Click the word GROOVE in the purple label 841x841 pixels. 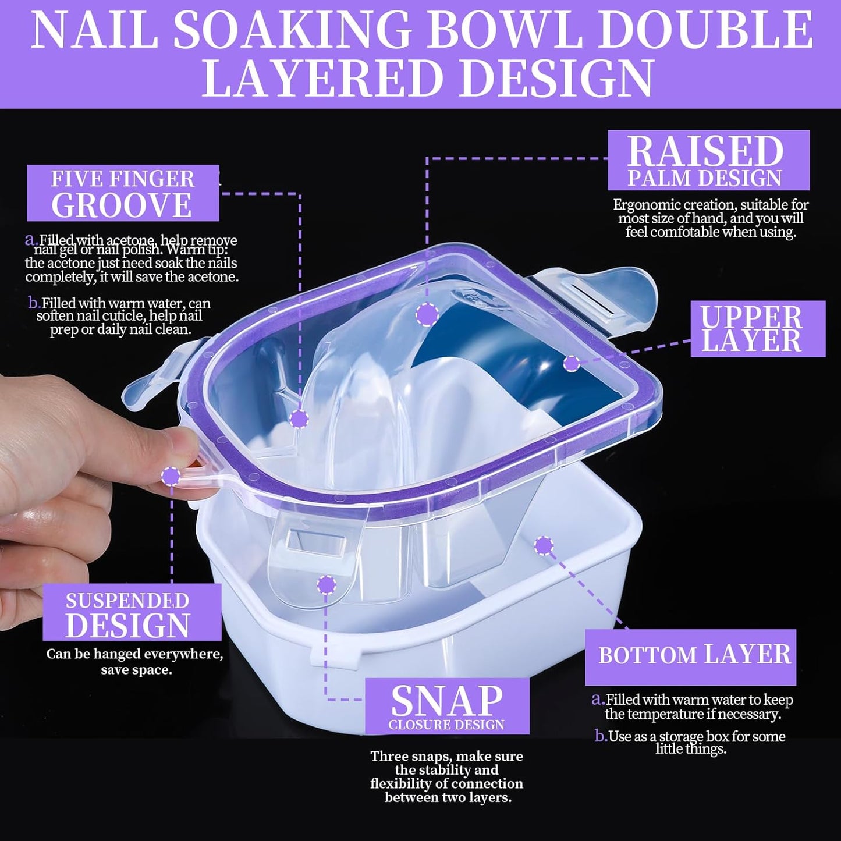tap(122, 205)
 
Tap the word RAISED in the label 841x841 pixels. tap(705, 151)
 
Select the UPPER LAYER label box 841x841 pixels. tap(757, 329)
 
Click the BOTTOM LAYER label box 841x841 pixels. tap(691, 656)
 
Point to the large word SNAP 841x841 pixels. tap(447, 700)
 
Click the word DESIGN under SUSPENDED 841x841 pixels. tap(127, 626)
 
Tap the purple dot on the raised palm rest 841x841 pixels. tap(428, 314)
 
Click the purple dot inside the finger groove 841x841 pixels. tap(299, 418)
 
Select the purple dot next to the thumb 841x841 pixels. tap(171, 476)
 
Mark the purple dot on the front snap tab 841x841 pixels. tap(327, 584)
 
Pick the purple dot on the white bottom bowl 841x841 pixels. tap(544, 545)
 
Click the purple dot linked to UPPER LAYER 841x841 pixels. tap(572, 364)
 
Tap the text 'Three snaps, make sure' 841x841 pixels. tap(446, 757)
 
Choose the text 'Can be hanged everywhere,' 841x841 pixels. tap(134, 654)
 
